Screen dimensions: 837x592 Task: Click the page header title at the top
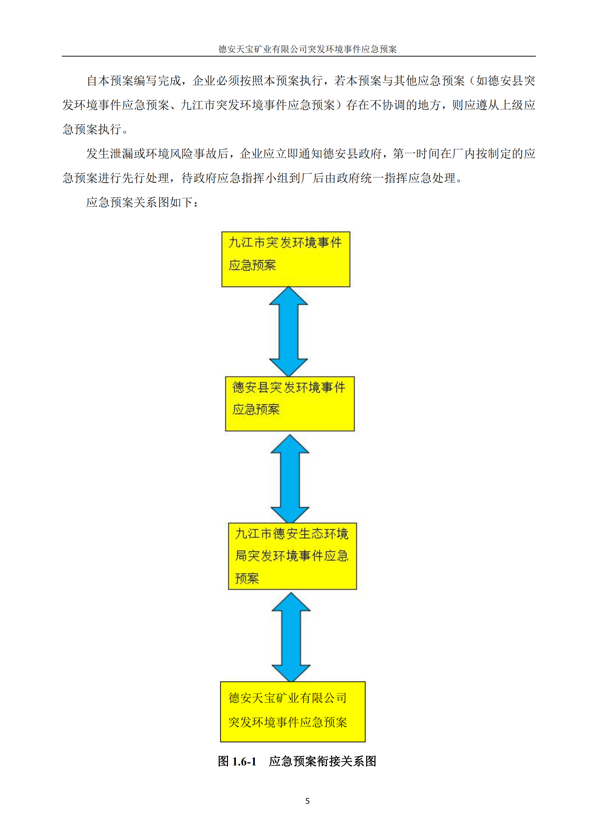[x=307, y=49]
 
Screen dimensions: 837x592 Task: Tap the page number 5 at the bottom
[x=307, y=801]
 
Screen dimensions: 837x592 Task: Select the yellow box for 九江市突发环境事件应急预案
[x=286, y=259]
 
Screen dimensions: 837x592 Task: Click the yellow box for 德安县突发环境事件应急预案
[x=290, y=404]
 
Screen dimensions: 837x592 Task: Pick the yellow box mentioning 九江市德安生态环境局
[x=292, y=556]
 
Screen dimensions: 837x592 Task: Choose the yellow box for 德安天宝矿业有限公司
[x=293, y=712]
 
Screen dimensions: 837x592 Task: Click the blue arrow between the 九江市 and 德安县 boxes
[x=288, y=331]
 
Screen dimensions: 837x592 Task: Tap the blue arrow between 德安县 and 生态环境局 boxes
[x=290, y=478]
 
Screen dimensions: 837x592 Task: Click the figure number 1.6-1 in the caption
[x=244, y=761]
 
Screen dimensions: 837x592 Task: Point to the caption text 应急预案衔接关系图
[x=322, y=761]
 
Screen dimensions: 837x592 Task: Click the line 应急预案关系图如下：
[x=142, y=202]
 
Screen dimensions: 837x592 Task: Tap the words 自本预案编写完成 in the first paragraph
[x=134, y=81]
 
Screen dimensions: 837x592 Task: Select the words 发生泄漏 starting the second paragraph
[x=110, y=154]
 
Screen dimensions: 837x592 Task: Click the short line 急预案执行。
[x=96, y=130]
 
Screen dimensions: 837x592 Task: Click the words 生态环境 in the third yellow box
[x=323, y=534]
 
